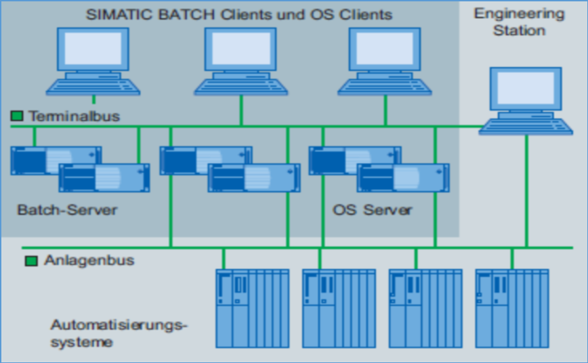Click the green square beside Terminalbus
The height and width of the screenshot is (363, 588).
pos(16,116)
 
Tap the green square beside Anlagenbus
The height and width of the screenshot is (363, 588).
pos(31,261)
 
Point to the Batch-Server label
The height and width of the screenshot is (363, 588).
pos(67,210)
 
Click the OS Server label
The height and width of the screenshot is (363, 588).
pos(372,210)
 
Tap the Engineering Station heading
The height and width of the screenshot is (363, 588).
pos(519,22)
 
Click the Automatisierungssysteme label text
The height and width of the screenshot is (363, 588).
pos(118,333)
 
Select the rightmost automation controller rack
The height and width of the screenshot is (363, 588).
pos(512,308)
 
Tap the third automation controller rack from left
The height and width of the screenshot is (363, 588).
pos(425,308)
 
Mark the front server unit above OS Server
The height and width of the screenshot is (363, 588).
pos(402,177)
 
